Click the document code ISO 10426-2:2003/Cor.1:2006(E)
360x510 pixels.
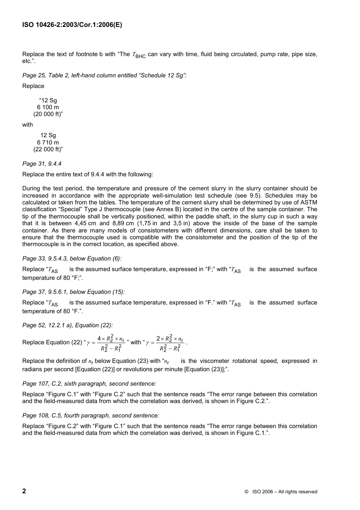point(72,25)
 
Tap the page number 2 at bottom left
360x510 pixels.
point(24,491)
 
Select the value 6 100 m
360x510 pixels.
point(48,107)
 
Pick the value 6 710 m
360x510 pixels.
point(48,143)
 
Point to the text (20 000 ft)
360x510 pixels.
point(48,114)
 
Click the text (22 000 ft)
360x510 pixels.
point(48,149)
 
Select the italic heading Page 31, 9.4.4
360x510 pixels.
point(42,164)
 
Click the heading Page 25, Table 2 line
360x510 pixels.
point(104,75)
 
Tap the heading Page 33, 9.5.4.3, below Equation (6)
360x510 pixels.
point(72,259)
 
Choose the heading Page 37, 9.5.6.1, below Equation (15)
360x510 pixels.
point(74,292)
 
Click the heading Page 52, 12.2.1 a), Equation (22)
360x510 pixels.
point(67,325)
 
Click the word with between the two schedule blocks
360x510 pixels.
point(28,125)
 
